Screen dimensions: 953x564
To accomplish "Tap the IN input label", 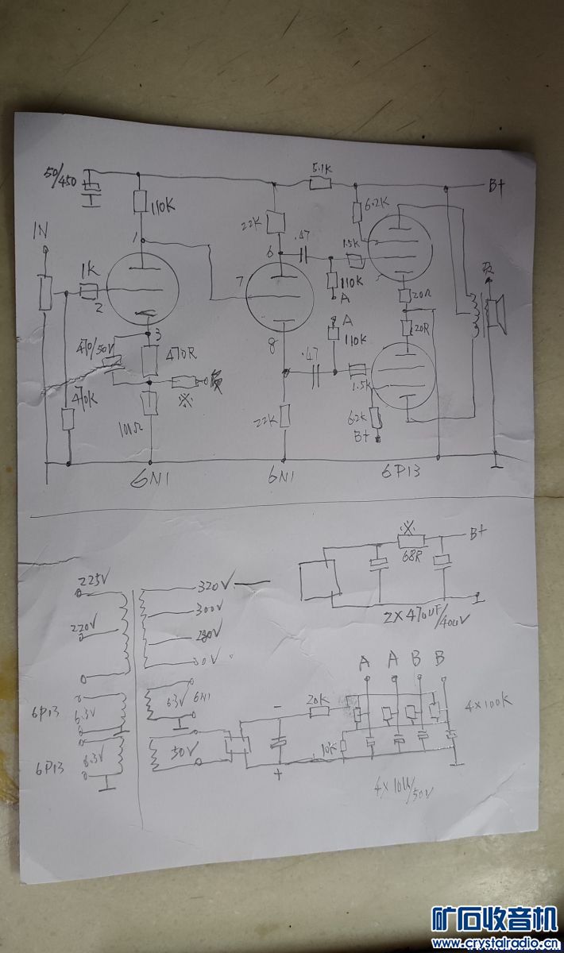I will pos(41,231).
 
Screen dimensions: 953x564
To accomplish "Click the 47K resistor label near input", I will pos(85,397).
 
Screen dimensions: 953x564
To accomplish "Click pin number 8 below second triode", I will pos(275,344).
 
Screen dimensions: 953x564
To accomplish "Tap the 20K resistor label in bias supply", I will pos(318,700).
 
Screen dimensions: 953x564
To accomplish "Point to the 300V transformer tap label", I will pos(211,612).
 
